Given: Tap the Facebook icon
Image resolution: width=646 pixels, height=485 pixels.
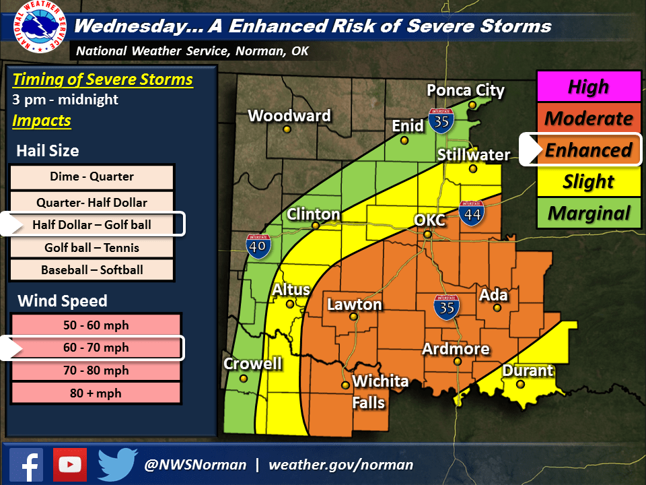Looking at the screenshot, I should tap(26, 464).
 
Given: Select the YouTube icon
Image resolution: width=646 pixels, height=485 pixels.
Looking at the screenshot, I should tap(70, 464).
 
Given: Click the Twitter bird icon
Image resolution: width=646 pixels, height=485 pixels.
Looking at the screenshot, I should tap(117, 464).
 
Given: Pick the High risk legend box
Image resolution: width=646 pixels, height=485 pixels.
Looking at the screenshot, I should tap(588, 87).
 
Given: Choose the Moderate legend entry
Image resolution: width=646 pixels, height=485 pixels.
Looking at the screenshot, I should tap(588, 119).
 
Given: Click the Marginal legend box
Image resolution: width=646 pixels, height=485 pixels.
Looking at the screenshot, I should tap(588, 214).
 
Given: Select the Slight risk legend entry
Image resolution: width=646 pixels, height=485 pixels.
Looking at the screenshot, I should tap(588, 182).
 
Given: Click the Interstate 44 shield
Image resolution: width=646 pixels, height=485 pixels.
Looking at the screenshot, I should tap(470, 213).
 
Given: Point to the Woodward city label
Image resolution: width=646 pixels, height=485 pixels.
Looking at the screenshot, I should tap(289, 116).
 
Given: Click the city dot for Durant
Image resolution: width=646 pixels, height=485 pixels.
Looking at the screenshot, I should tap(520, 385).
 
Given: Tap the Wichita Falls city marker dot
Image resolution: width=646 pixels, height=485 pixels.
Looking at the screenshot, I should tap(345, 385).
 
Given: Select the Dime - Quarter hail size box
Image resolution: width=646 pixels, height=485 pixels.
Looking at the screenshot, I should tap(92, 177).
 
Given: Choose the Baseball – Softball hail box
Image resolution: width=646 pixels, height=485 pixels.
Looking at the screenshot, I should tap(92, 270).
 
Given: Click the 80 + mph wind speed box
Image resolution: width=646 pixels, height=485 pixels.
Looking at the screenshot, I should tap(96, 393).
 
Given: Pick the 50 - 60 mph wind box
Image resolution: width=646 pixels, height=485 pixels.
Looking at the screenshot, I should tap(96, 325).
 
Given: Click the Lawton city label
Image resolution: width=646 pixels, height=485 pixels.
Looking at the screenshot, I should tap(354, 304).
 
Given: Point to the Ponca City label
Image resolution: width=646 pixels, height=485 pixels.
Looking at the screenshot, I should tap(466, 90).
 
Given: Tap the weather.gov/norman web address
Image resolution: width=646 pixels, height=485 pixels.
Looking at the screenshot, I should tap(340, 465).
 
